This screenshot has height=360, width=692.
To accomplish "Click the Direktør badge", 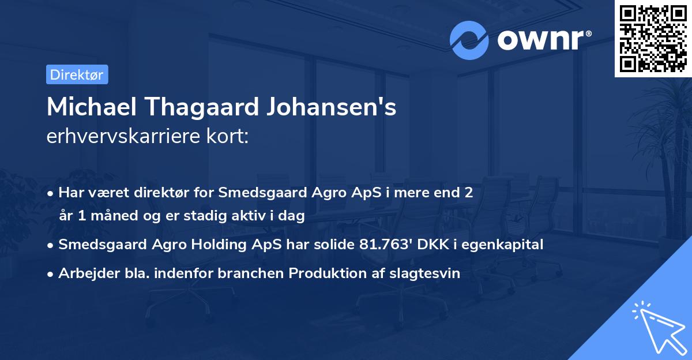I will pyautogui.click(x=77, y=74).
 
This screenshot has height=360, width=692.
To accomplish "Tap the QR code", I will pyautogui.click(x=652, y=38).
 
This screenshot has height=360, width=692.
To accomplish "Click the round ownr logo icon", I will pyautogui.click(x=469, y=40).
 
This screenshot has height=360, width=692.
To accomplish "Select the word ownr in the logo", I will pyautogui.click(x=539, y=40).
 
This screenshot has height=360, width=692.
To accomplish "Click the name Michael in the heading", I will pyautogui.click(x=91, y=107).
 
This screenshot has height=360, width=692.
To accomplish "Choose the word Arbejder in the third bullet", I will pyautogui.click(x=84, y=273).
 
